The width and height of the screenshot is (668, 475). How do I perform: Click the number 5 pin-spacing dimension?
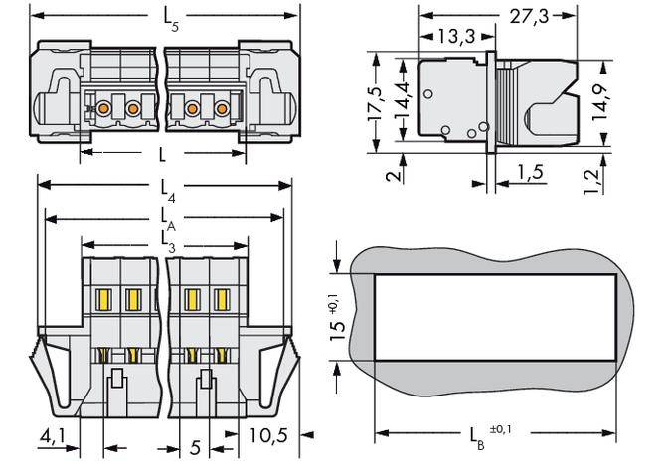(x=195, y=448)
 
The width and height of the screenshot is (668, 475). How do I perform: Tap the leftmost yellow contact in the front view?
(x=102, y=298)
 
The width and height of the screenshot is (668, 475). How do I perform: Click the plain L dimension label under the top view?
(x=162, y=154)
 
